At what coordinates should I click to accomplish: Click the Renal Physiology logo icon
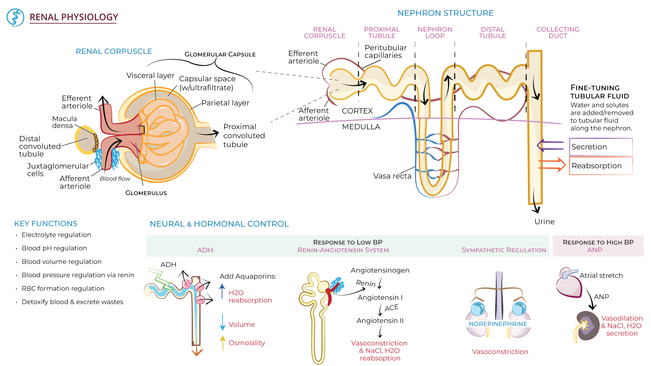[x=15, y=18]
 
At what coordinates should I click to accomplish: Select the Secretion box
[x=600, y=147]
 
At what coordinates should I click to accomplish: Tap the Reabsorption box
[x=600, y=166]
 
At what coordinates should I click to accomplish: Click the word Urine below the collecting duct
[x=545, y=222]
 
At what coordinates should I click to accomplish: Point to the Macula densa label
[x=64, y=122]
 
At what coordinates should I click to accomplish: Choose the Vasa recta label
[x=392, y=176]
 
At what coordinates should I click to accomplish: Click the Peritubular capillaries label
[x=385, y=52]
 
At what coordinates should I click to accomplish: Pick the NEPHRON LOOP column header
[x=435, y=33]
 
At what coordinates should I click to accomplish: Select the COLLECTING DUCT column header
[x=558, y=33]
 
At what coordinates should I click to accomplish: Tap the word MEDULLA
[x=361, y=127]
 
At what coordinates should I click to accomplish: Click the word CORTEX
[x=357, y=111]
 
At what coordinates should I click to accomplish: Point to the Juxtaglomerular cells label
[x=58, y=170]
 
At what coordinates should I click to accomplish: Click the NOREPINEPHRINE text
[x=498, y=324]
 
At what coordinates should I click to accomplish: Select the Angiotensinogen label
[x=380, y=270]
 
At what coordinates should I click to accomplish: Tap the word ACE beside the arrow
[x=392, y=308]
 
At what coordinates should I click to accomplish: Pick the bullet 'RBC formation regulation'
[x=63, y=288]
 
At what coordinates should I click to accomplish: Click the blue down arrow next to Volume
[x=222, y=322]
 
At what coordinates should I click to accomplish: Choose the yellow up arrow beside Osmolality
[x=223, y=342]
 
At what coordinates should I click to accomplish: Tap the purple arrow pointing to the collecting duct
[x=549, y=146]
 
